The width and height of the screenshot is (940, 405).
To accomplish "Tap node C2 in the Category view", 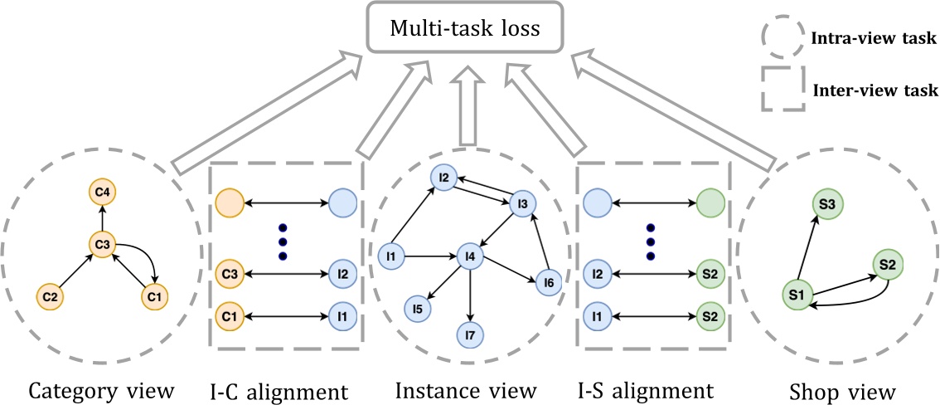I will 51,295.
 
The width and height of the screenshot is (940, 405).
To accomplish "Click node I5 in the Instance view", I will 418,308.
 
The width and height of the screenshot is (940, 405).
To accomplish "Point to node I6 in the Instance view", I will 550,283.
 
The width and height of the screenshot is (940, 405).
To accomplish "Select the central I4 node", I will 471,256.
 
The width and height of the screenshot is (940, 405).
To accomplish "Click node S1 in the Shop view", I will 797,294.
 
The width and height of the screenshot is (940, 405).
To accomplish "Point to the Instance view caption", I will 466,388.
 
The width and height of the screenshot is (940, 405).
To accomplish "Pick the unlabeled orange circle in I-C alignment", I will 229,202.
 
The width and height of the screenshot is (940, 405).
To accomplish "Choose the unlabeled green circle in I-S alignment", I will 710,202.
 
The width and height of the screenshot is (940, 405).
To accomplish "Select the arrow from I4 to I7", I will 470,295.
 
